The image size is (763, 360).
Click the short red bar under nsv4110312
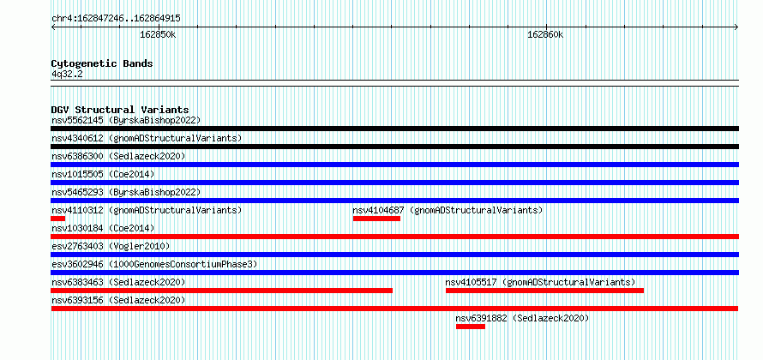click(58, 219)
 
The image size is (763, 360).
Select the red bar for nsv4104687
click(376, 219)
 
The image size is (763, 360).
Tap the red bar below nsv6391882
click(471, 327)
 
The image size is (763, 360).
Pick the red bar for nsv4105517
click(544, 291)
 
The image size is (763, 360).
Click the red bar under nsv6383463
click(222, 291)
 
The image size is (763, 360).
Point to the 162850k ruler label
click(158, 34)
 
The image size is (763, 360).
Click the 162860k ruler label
click(545, 34)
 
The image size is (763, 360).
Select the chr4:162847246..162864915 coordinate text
click(117, 19)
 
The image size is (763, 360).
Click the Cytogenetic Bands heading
click(102, 63)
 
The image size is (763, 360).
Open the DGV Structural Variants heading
click(120, 110)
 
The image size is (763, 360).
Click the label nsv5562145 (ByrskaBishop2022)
click(126, 120)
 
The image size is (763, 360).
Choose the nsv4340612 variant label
click(147, 138)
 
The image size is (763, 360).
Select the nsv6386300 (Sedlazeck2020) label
click(118, 156)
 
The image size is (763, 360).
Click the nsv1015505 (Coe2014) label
click(103, 174)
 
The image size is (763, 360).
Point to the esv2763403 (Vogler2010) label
click(111, 246)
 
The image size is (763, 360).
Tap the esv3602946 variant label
click(154, 264)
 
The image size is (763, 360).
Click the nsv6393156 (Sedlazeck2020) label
click(118, 300)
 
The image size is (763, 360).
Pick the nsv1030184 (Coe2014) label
click(103, 228)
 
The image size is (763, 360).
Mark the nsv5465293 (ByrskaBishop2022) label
click(126, 192)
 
